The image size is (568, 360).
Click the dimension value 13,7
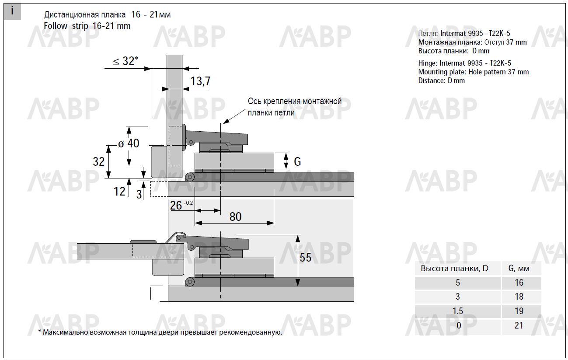200,81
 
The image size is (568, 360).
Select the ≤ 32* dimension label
125,61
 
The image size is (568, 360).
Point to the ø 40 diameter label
129,143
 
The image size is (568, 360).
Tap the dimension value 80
235,217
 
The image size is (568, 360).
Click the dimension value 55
306,257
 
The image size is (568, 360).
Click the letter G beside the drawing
297,162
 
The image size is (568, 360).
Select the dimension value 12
119,191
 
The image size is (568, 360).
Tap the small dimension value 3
139,194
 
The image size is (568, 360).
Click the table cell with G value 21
519,325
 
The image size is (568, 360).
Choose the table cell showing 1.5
458,311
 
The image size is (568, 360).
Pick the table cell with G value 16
519,283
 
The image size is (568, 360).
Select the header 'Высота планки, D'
454,268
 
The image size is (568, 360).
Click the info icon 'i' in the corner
12,11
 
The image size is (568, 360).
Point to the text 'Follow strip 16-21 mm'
87,26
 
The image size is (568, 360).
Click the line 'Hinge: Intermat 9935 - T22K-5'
464,63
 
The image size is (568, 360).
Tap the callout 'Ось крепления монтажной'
294,101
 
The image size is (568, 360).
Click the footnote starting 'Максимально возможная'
160,332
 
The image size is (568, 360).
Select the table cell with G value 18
519,297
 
